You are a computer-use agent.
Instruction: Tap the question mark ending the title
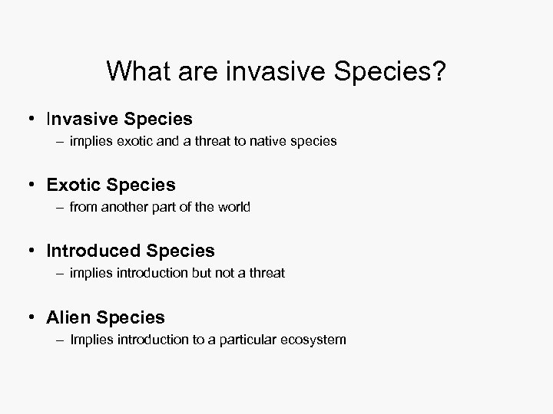[x=438, y=72]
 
